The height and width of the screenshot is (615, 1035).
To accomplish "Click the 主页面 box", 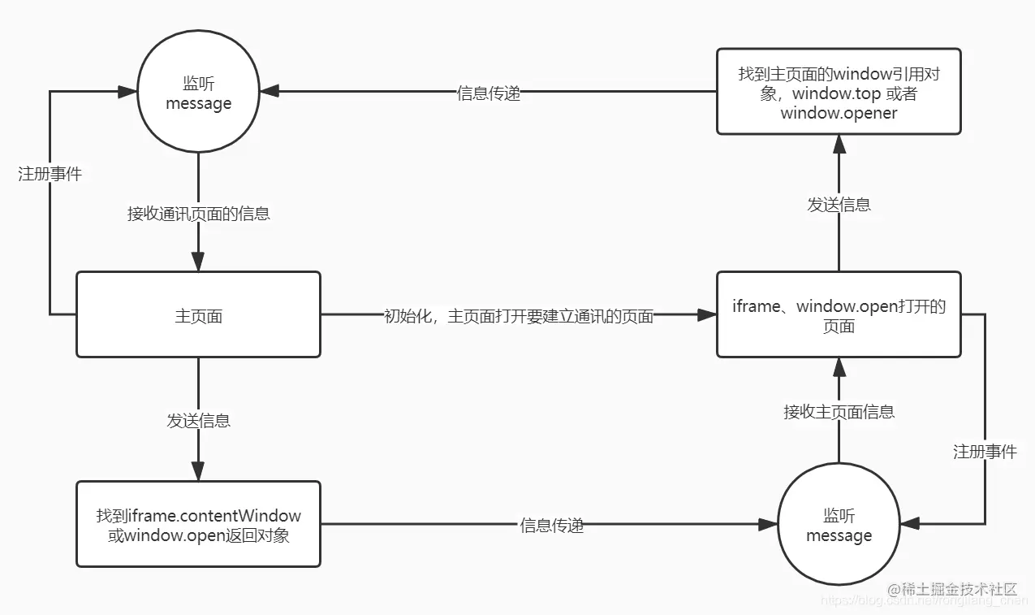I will [198, 315].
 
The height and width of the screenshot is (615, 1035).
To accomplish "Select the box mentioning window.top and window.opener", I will [839, 93].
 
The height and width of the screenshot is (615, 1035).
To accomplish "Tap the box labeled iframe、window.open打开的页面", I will [839, 315].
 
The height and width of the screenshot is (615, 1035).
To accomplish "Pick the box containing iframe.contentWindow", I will [198, 525].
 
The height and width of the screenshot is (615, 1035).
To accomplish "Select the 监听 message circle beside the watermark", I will [839, 525].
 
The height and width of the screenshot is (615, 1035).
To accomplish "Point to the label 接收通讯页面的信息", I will [198, 214].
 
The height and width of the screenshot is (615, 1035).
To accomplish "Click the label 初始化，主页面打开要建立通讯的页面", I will [518, 316].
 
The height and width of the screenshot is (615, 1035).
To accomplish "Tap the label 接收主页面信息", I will [839, 412].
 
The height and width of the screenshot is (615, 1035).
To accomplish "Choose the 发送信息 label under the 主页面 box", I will [198, 420].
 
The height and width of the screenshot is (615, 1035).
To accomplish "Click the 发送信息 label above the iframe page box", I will [839, 205].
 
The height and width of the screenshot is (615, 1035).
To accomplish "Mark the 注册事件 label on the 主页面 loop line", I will [50, 174].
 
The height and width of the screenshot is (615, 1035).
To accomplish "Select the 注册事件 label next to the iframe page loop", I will [984, 452].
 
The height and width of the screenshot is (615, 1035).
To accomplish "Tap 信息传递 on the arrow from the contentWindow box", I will [551, 526].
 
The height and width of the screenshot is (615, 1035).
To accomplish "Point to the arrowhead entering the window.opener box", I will [839, 144].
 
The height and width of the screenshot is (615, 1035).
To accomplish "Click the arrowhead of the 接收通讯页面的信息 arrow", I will [198, 262].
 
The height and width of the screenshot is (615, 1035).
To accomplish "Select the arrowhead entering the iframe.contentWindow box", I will [198, 471].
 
